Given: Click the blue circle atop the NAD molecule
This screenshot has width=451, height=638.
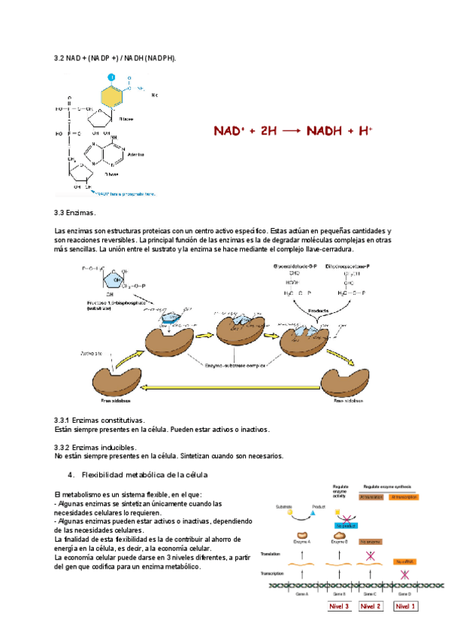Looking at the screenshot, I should pos(111,77).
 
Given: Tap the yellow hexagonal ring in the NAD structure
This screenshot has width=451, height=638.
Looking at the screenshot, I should pos(111,96).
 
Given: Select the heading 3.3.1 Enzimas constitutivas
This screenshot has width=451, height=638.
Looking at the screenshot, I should pos(100,420).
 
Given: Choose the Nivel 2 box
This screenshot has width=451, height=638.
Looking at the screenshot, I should pos(371,606).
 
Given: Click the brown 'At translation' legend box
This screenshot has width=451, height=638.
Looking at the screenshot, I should pos(371,497).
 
